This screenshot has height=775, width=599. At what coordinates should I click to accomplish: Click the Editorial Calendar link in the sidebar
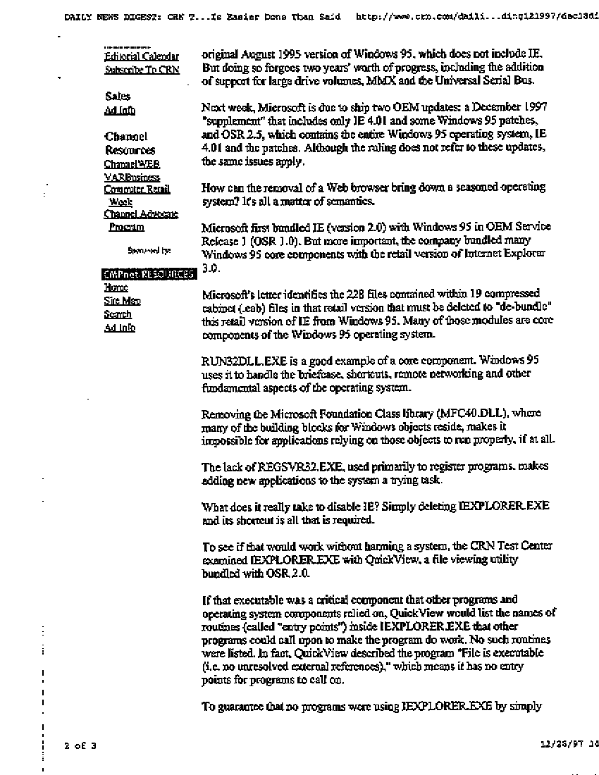pyautogui.click(x=141, y=56)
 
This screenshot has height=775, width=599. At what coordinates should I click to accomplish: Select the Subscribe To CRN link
pyautogui.click(x=142, y=70)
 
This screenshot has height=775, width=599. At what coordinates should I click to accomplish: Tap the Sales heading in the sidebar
pyautogui.click(x=118, y=96)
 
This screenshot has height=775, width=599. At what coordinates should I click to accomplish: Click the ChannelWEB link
pyautogui.click(x=132, y=163)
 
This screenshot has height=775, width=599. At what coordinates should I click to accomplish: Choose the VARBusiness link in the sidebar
pyautogui.click(x=132, y=178)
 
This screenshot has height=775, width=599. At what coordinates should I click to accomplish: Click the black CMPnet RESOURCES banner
pyautogui.click(x=147, y=275)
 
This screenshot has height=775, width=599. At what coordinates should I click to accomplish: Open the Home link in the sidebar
pyautogui.click(x=116, y=287)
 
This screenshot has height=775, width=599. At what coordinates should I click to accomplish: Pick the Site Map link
pyautogui.click(x=122, y=301)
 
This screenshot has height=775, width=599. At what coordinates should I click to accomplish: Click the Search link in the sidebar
pyautogui.click(x=118, y=314)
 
